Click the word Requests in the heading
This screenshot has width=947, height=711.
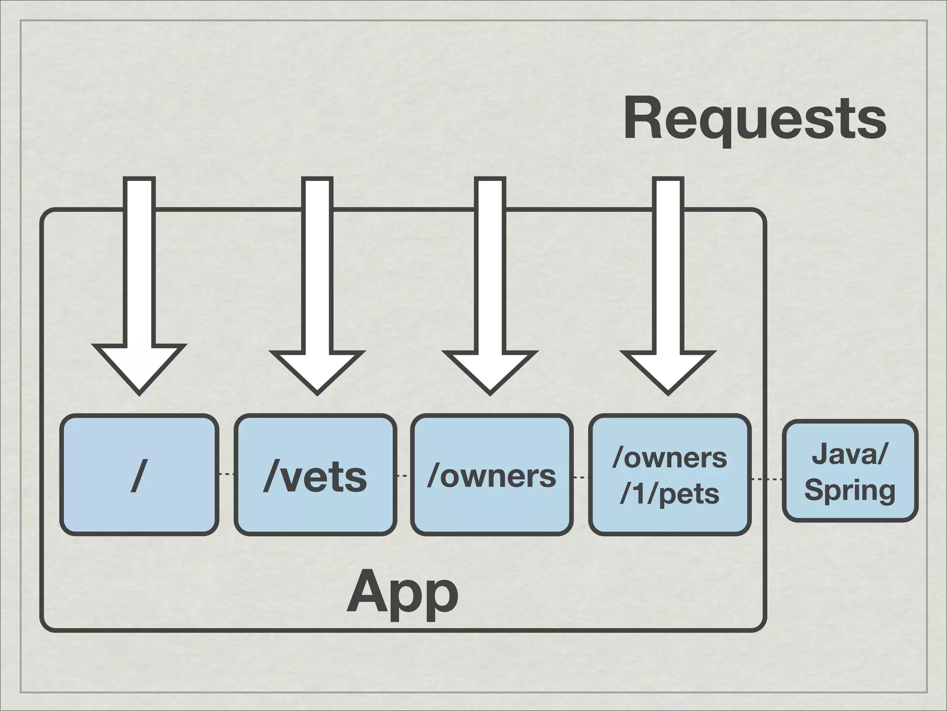click(754, 118)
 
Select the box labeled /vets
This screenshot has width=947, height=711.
click(315, 475)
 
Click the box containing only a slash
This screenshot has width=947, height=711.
click(139, 475)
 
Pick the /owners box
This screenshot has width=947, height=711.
click(492, 475)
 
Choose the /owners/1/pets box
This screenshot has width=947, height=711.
click(669, 475)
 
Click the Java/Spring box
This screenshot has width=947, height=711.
click(850, 471)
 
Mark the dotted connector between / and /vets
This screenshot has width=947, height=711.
click(226, 474)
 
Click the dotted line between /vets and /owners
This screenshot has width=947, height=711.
click(403, 475)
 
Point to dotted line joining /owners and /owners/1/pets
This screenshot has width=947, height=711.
click(580, 477)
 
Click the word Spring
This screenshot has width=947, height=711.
click(850, 490)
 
